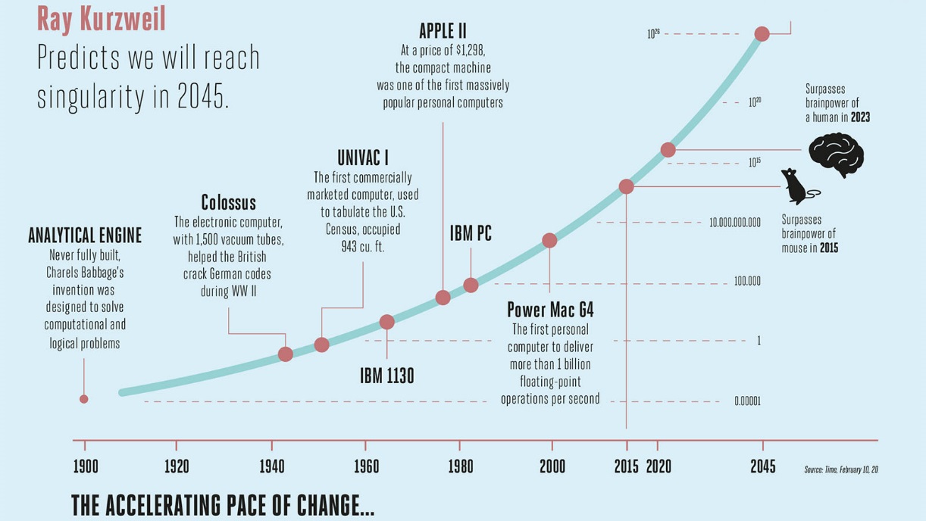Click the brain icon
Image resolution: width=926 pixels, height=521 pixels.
tap(836, 154)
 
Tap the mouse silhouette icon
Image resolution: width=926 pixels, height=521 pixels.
tap(797, 186)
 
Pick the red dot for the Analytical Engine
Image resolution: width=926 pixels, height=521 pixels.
tap(84, 399)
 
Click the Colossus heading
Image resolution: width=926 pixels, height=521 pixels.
tap(228, 203)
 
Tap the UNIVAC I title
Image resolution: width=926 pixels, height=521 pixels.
tap(362, 158)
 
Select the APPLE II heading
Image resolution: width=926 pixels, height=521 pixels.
tap(443, 31)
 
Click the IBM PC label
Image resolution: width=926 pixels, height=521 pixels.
tap(471, 234)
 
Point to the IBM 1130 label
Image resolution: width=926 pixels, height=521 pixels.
tap(386, 376)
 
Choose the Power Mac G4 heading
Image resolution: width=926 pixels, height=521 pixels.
tap(550, 310)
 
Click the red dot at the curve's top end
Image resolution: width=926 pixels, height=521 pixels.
tap(762, 34)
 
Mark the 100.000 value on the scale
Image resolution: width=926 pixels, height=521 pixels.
tap(746, 282)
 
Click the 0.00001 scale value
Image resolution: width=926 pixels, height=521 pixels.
tap(746, 401)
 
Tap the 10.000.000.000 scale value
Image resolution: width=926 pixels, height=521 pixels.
tap(734, 223)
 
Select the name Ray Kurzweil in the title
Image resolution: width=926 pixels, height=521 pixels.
tap(101, 19)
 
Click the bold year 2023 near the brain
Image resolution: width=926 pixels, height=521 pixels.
tap(859, 117)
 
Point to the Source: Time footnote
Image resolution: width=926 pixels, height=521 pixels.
tap(840, 470)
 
